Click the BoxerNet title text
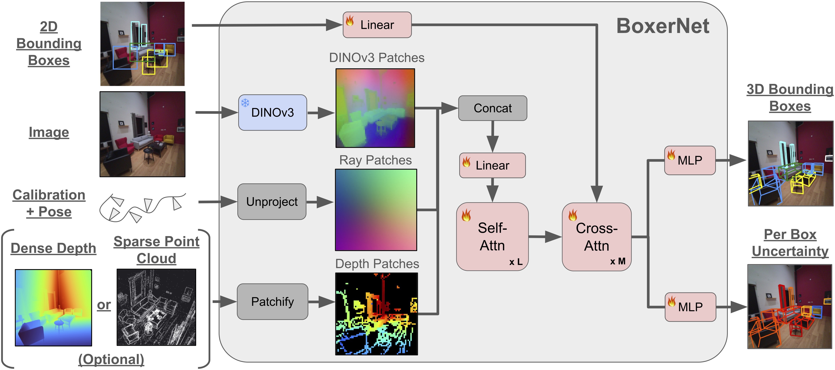tap(663, 26)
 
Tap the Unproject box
tap(272, 202)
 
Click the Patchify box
tap(272, 301)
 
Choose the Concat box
tap(492, 108)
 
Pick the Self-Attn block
tap(492, 237)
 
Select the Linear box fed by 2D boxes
tap(377, 25)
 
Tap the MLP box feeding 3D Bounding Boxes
tap(690, 160)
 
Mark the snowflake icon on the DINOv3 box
tap(245, 103)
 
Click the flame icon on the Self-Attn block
tap(466, 215)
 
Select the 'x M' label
tap(617, 261)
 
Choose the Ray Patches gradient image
tap(376, 210)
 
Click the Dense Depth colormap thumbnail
tap(53, 307)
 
